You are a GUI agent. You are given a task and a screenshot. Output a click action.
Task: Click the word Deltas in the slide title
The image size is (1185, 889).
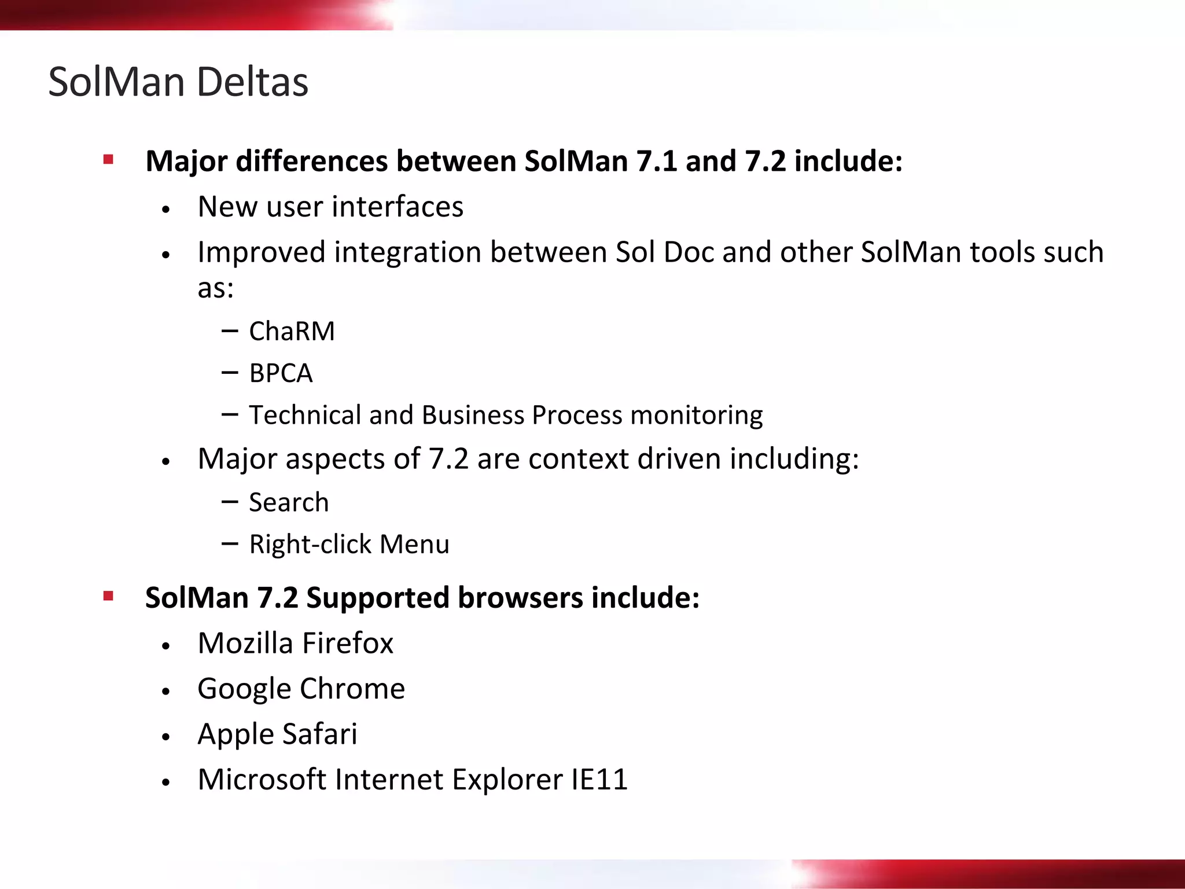252,82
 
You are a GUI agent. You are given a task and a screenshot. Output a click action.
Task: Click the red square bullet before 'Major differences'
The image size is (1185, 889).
108,159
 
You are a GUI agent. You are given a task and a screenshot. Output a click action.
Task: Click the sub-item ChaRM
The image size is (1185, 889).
292,332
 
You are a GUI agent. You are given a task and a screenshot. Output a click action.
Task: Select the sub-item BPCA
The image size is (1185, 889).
281,373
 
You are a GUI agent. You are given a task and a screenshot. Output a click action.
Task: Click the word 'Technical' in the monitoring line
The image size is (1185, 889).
305,415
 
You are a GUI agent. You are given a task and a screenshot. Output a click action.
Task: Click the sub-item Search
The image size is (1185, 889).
289,502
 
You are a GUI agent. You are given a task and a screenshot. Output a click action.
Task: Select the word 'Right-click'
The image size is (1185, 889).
310,545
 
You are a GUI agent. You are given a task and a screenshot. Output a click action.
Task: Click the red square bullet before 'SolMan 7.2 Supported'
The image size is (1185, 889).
108,596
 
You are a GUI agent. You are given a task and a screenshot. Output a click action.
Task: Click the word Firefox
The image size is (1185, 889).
347,643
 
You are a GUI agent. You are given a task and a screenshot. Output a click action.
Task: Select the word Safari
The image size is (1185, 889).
319,734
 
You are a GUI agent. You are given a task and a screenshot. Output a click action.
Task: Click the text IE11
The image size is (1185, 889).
599,780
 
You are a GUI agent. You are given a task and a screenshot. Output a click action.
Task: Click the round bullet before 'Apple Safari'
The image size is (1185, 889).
166,737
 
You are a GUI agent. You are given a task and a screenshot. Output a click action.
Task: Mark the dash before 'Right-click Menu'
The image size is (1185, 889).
230,543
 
